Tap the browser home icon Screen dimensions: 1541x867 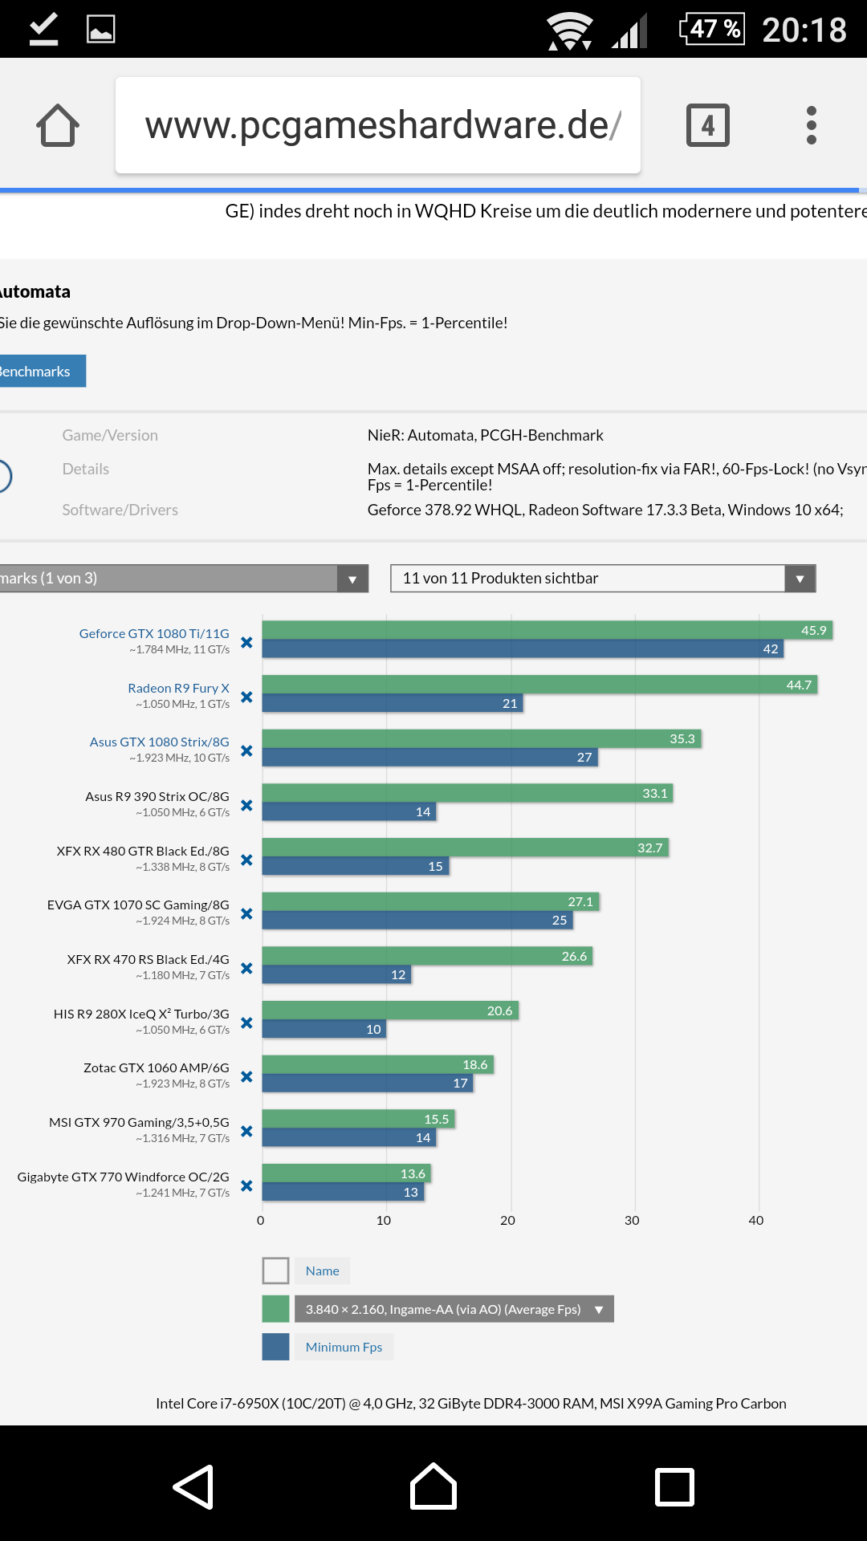(x=58, y=126)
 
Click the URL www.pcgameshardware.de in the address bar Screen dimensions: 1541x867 (x=377, y=125)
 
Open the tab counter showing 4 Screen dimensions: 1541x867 (x=707, y=125)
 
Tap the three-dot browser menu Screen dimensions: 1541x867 (x=811, y=125)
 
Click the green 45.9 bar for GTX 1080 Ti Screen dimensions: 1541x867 (x=546, y=630)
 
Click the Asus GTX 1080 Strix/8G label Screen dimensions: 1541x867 (x=159, y=742)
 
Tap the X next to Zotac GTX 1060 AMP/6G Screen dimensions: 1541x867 (x=246, y=1076)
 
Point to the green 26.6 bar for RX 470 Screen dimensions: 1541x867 (x=426, y=956)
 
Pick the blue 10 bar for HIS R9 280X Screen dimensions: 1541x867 (x=324, y=1029)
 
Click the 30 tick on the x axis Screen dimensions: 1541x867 (x=632, y=1220)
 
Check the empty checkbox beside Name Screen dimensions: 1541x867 (x=275, y=1271)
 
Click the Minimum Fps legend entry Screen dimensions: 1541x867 (x=344, y=1347)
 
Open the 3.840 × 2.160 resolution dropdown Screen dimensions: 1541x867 (x=454, y=1309)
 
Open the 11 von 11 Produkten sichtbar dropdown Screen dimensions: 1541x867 (x=602, y=579)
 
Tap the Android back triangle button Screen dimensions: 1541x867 (x=193, y=1486)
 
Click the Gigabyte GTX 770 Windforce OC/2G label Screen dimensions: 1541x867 (x=124, y=1177)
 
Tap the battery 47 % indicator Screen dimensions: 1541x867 (x=712, y=29)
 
